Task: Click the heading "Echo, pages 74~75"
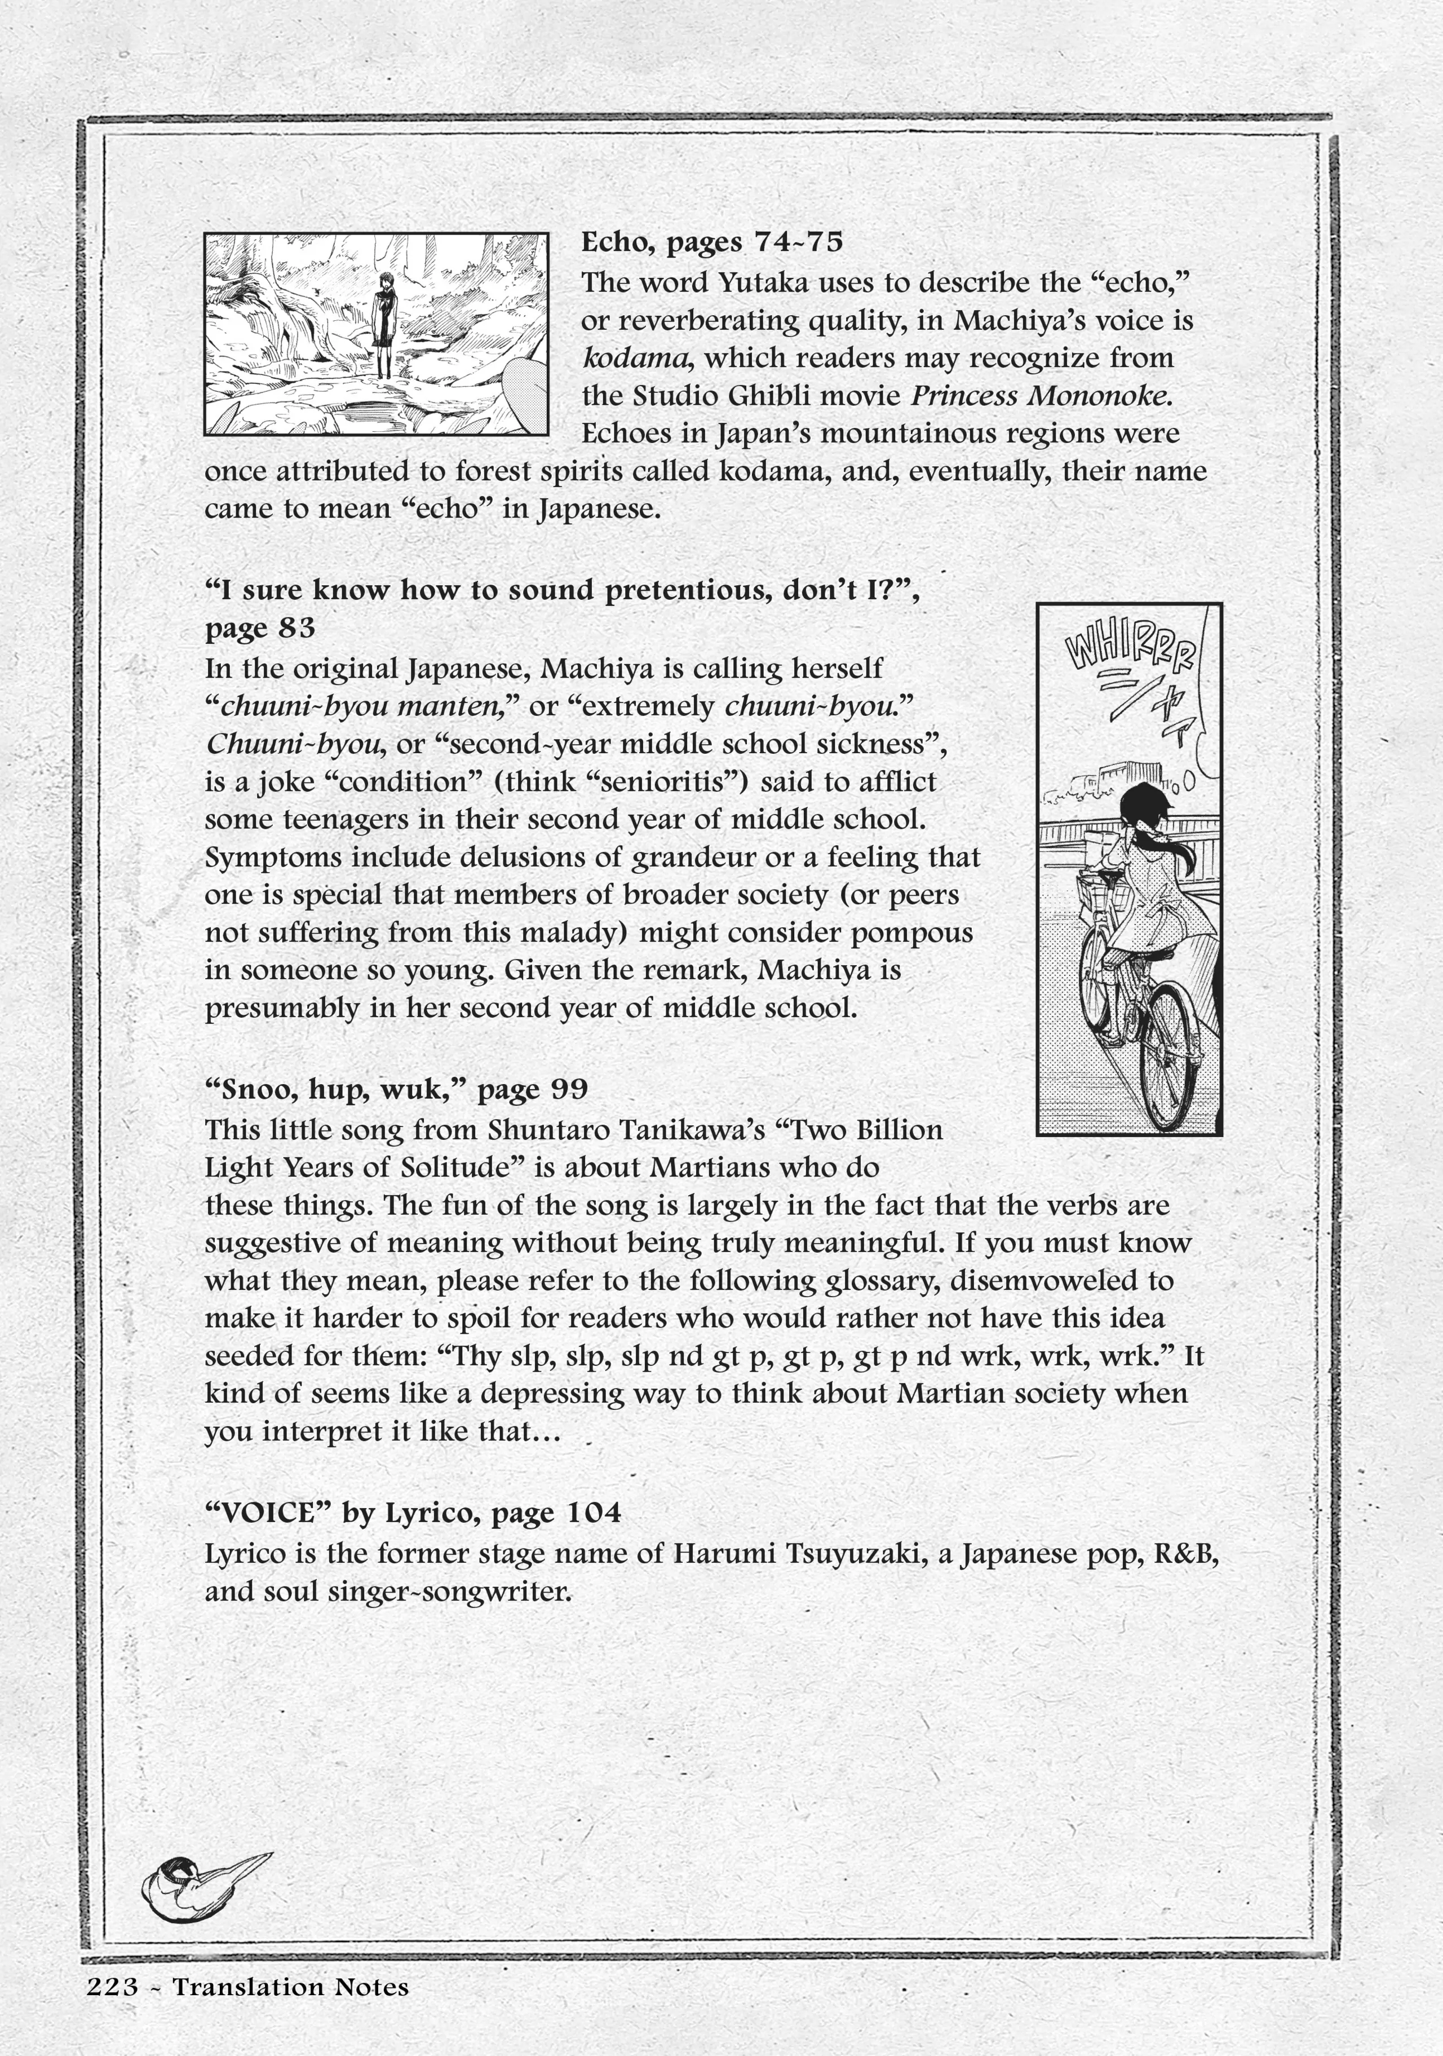pos(712,242)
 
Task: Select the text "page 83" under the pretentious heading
pos(260,629)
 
